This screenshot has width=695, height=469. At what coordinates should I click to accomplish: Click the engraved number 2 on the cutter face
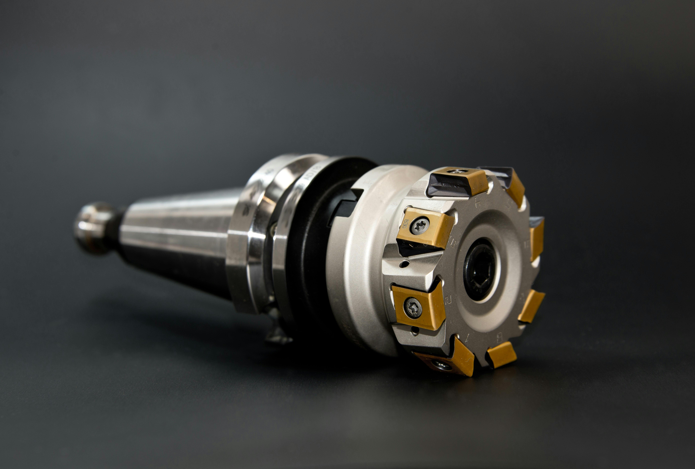click(x=449, y=299)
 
